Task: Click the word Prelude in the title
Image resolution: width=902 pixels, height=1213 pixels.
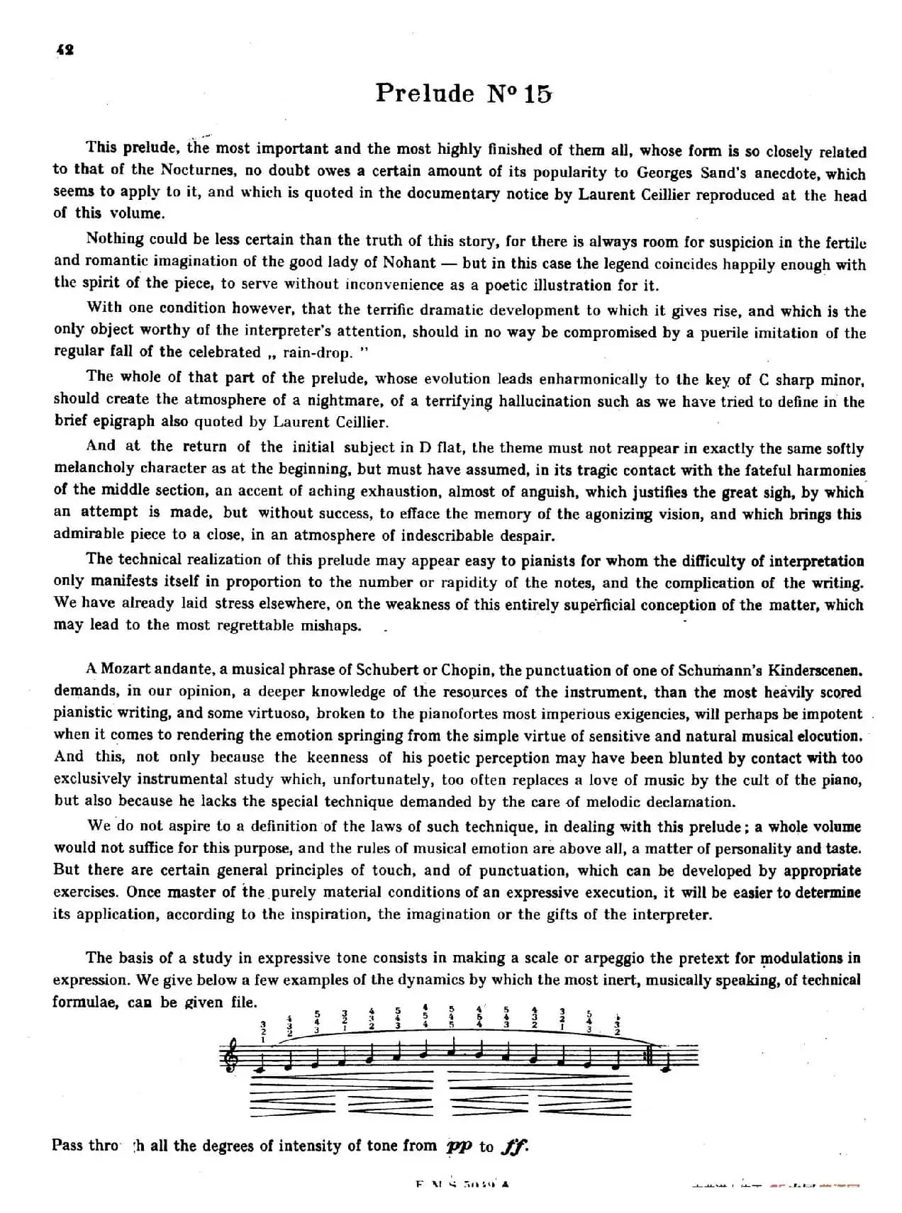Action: pyautogui.click(x=425, y=93)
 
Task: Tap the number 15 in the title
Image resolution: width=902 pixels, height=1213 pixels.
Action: pyautogui.click(x=538, y=94)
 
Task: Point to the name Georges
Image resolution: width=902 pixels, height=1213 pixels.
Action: pyautogui.click(x=671, y=172)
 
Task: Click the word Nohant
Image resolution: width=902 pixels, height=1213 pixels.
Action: pyautogui.click(x=409, y=262)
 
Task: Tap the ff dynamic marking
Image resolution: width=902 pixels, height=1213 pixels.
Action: pyautogui.click(x=514, y=1146)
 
